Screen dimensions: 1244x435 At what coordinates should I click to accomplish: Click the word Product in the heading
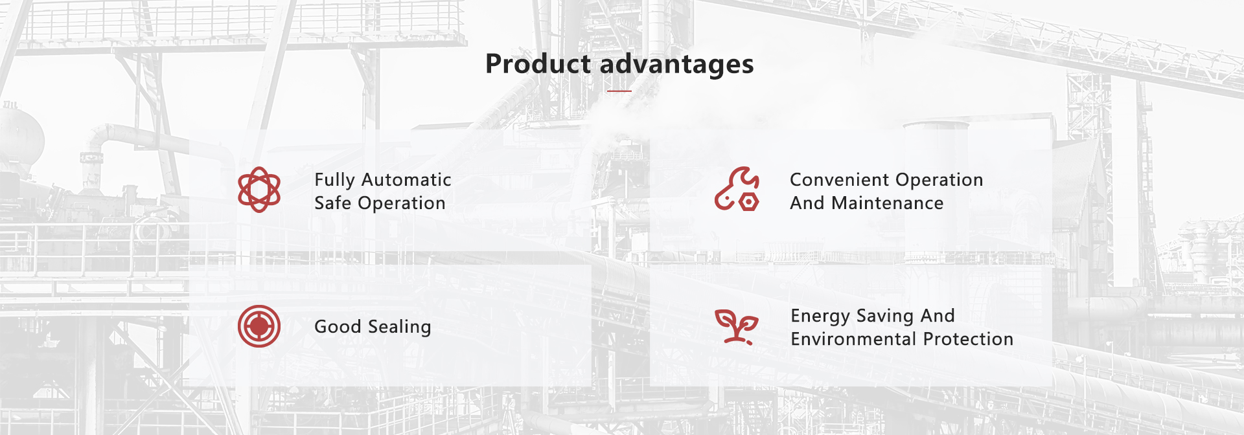538,64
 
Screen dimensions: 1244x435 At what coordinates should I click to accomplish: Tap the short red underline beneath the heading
619,91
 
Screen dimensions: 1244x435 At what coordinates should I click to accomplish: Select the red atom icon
259,190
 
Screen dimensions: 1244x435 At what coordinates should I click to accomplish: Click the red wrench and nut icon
737,189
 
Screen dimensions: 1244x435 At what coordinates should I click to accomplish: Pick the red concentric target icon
259,326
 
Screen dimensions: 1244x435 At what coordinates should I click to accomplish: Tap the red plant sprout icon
737,326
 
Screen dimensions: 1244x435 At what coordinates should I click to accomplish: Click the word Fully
334,181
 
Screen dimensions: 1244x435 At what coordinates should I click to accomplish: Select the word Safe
333,203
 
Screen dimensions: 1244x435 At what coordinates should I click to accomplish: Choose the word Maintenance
888,203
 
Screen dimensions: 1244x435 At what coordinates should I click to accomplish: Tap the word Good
338,326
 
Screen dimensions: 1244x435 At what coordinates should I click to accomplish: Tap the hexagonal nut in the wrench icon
749,202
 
